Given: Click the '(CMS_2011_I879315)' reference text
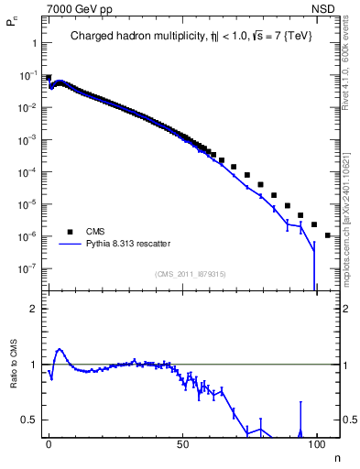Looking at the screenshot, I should pos(189,274).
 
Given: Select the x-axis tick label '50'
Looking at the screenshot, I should pos(183,443).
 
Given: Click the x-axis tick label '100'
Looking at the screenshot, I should pos(317,443).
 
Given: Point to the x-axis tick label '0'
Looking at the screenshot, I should pos(49,443).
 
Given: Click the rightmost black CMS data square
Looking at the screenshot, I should pos(328,235).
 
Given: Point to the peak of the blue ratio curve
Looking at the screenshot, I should pos(60,349).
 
